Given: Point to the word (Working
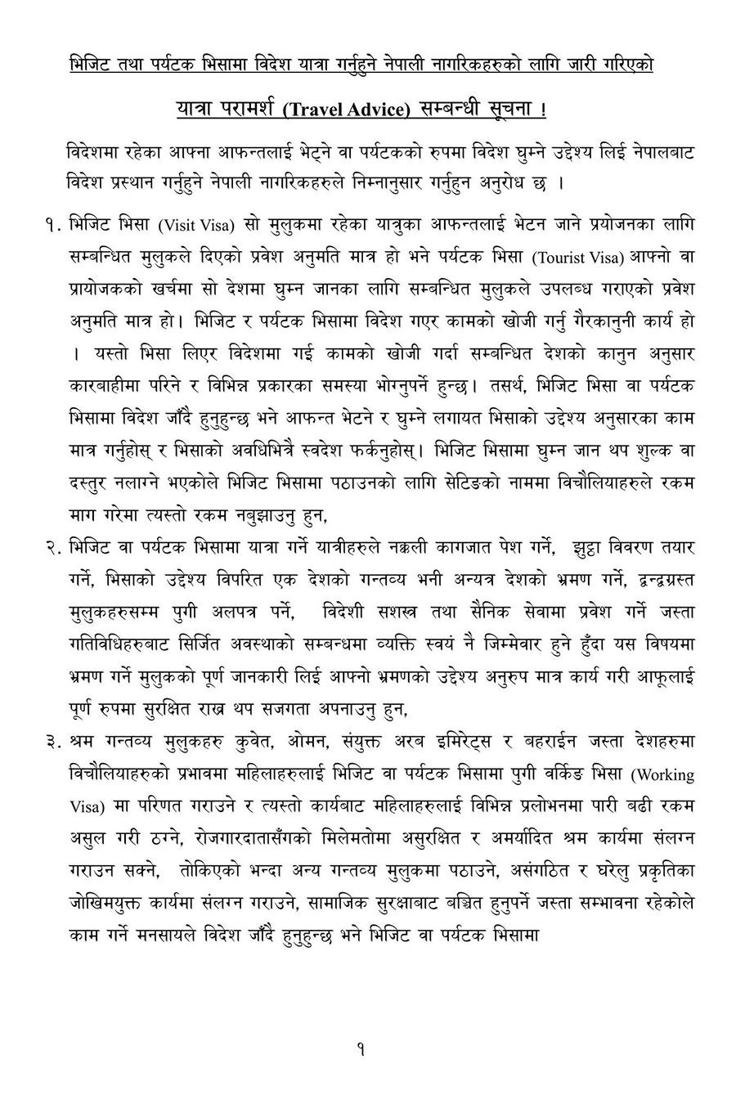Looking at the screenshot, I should [x=665, y=774].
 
